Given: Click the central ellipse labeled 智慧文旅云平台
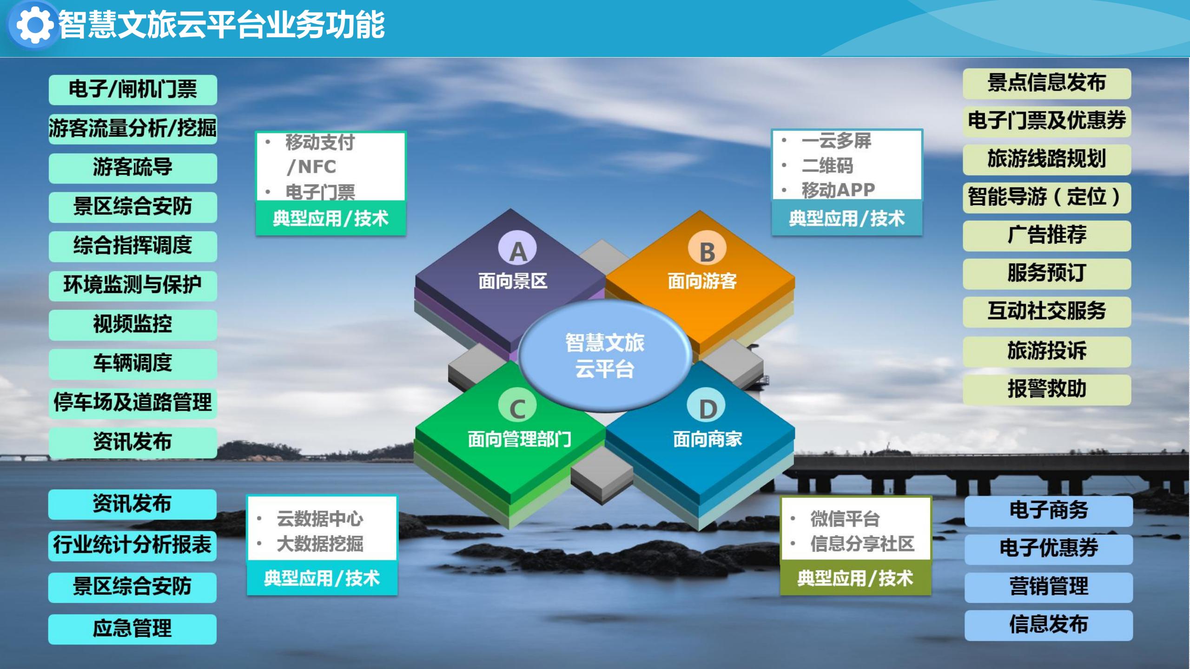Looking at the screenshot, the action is tap(605, 356).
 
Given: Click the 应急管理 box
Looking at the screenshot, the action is tap(132, 629).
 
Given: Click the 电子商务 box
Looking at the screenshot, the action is tap(1049, 511).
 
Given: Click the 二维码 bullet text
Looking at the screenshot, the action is tap(827, 166).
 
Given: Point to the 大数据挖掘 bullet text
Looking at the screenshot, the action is tap(320, 544).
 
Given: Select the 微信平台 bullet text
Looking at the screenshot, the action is tap(845, 519).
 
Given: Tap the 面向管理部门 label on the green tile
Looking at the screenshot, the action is tap(519, 439).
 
